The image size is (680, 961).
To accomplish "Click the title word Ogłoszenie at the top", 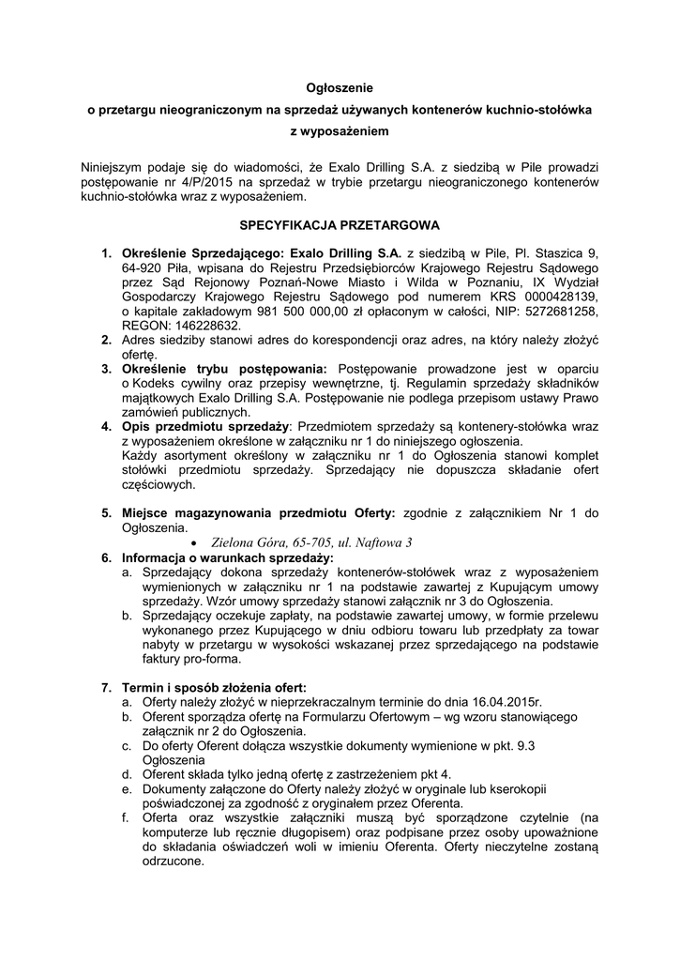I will [x=340, y=86].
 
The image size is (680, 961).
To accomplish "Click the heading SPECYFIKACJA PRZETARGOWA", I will [x=340, y=226].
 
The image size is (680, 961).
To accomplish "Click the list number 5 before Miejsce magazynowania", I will [x=106, y=513].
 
